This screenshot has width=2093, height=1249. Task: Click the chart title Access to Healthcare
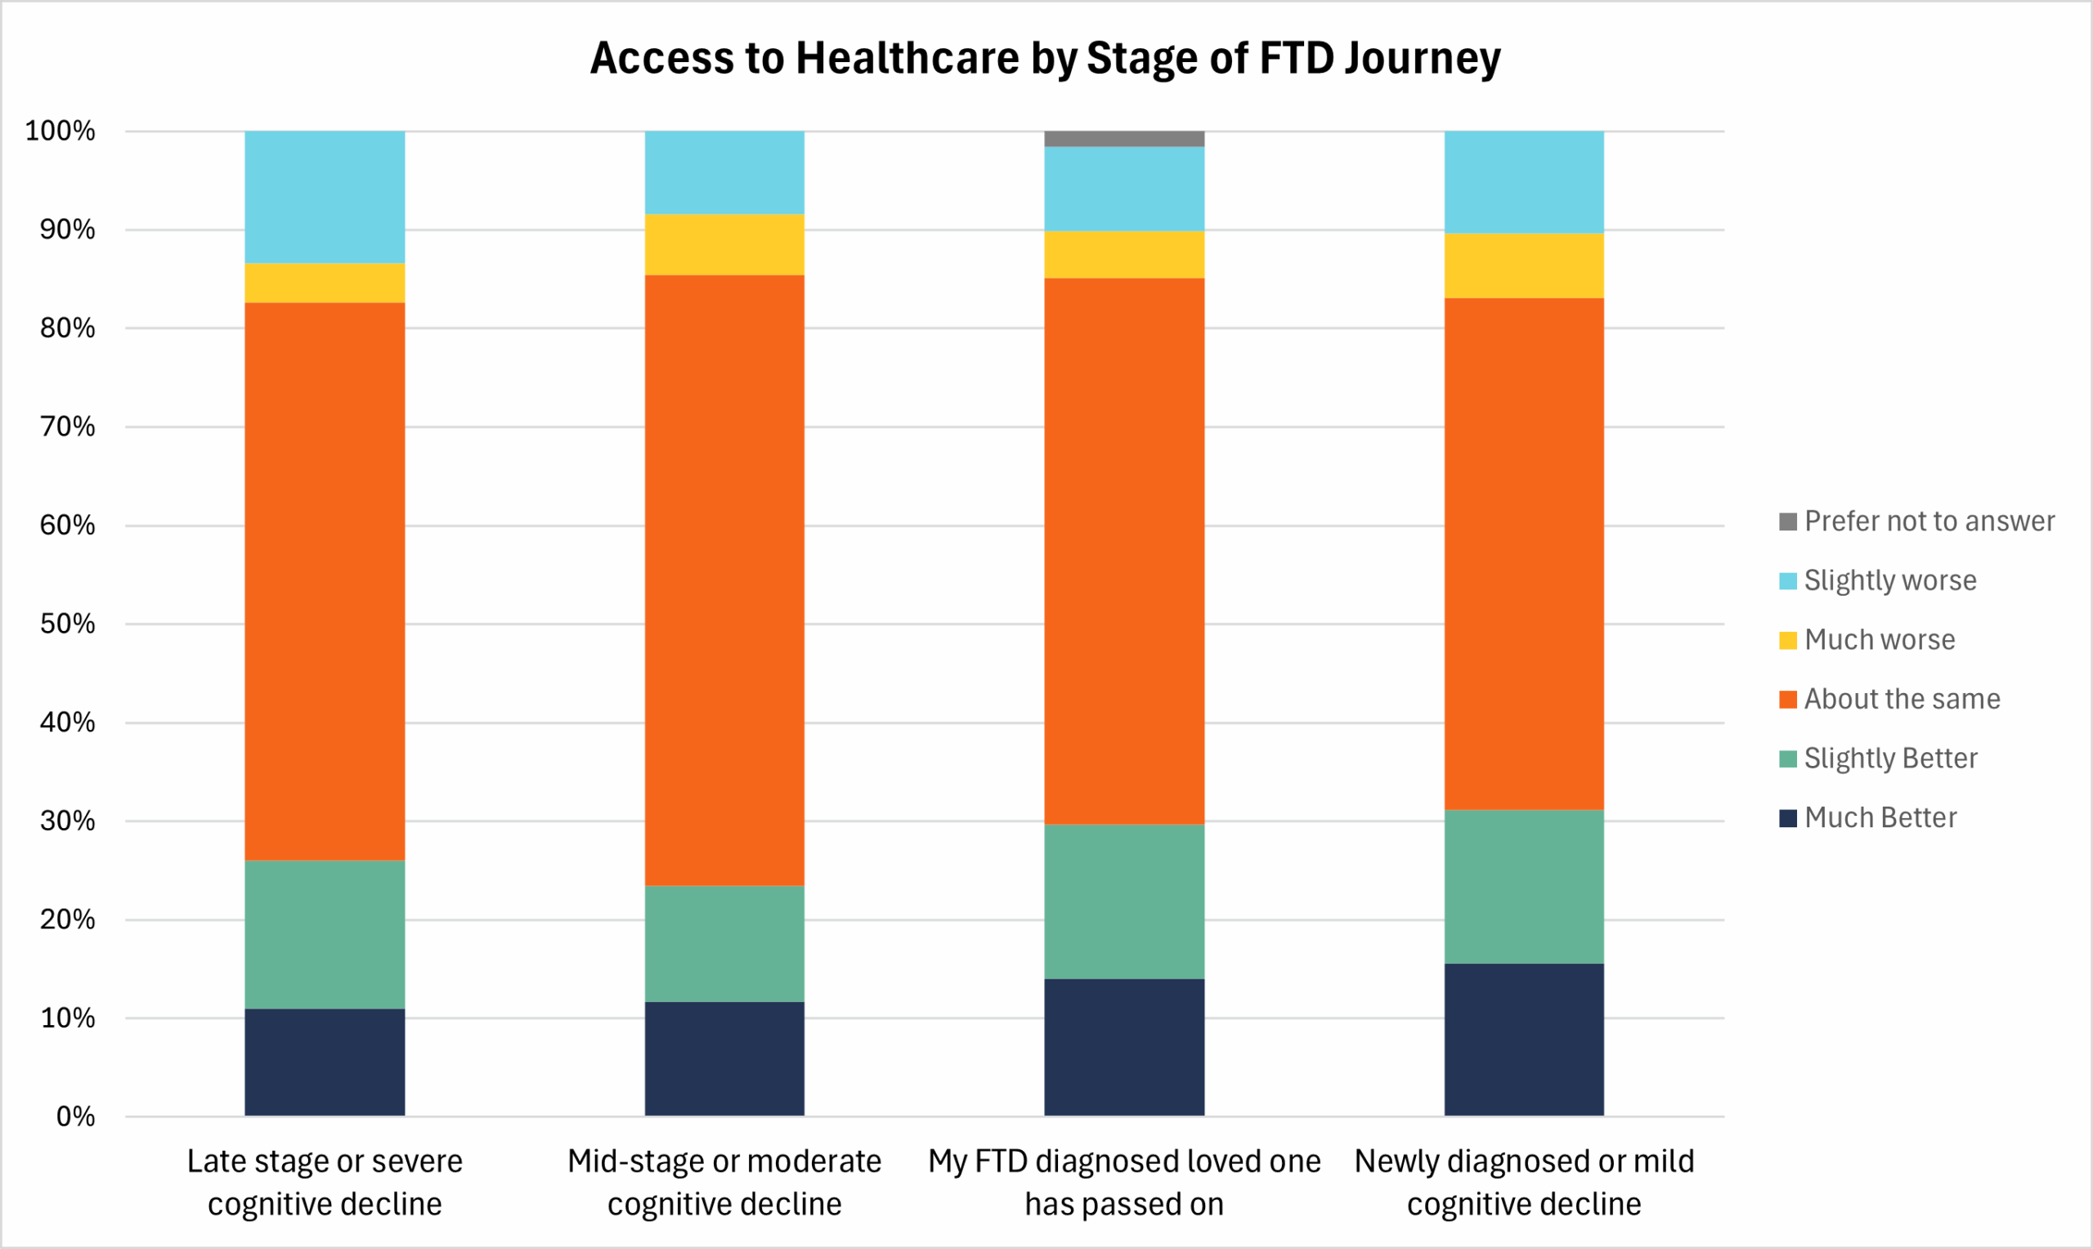1045,58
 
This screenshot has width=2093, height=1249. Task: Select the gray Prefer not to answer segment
1123,139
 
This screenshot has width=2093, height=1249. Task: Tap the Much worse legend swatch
1787,641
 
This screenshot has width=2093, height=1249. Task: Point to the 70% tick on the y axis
67,428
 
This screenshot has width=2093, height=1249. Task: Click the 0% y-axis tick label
75,1117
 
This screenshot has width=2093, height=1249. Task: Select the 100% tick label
60,132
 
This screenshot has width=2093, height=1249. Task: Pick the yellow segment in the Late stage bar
324,284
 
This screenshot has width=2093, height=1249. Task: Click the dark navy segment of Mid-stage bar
724,1059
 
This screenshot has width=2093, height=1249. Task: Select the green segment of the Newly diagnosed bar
1523,887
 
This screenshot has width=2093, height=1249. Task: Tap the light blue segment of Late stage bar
324,197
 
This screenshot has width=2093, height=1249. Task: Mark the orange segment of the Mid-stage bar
724,580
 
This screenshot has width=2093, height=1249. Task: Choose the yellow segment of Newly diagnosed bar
1523,266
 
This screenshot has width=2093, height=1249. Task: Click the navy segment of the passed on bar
1123,1048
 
